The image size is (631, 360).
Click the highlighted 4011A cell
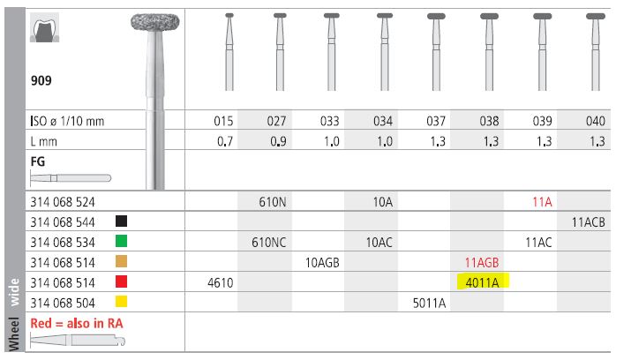483,282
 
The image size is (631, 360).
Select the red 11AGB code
482,263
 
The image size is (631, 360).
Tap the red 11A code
542,202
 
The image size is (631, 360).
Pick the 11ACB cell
589,222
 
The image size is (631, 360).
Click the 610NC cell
269,242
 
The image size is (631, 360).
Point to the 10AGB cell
322,263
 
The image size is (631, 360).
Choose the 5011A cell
430,303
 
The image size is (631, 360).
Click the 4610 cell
220,282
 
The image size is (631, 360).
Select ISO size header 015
223,121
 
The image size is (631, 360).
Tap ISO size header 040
595,121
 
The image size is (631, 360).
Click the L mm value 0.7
225,141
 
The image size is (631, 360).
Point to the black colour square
121,221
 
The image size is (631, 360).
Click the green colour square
121,242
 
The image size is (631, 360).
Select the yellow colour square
121,302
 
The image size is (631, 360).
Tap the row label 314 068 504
63,303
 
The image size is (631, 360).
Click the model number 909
41,80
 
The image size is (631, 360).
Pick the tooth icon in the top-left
45,27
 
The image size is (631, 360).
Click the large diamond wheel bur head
155,22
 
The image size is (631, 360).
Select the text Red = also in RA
77,323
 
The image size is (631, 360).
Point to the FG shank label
38,161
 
